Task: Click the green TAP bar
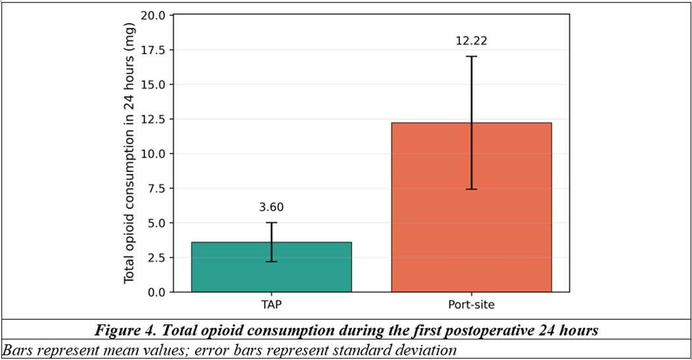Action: tap(272, 267)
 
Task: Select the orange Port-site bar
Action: tap(471, 207)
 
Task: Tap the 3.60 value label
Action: tap(272, 207)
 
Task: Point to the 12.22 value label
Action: tap(471, 41)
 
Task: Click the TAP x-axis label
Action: tap(272, 305)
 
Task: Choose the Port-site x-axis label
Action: tap(471, 305)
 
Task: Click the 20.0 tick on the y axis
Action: tap(153, 15)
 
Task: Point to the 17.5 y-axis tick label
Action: tap(153, 50)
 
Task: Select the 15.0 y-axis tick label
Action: tap(153, 84)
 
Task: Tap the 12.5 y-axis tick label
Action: tap(153, 119)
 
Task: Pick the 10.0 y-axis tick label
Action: tap(153, 154)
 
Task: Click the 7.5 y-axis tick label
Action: tap(156, 188)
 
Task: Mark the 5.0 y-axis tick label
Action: tap(156, 223)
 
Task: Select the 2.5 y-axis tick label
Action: tap(156, 258)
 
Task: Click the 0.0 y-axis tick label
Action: tap(156, 292)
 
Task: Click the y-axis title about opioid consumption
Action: tap(129, 153)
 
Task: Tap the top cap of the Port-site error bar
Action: tap(471, 57)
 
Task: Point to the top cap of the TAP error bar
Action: tap(272, 223)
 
